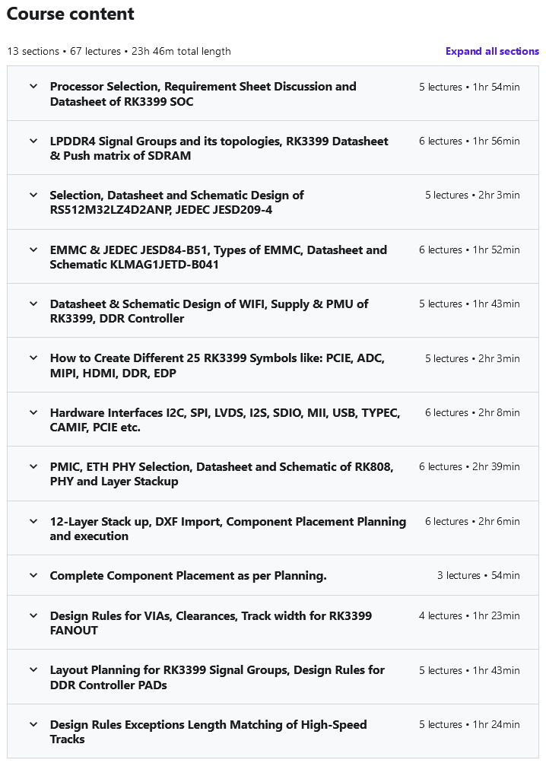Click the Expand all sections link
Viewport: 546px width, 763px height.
click(x=492, y=52)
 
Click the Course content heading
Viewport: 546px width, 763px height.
click(x=70, y=14)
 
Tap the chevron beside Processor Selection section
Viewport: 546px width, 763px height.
click(x=33, y=87)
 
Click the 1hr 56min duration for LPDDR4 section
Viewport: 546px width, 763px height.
click(x=497, y=141)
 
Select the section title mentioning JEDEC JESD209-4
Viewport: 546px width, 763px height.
click(x=176, y=202)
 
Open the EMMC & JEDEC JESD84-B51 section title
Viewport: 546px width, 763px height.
click(x=217, y=257)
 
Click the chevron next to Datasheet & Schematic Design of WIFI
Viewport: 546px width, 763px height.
click(x=33, y=304)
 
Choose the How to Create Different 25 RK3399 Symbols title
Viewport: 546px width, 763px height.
click(x=217, y=366)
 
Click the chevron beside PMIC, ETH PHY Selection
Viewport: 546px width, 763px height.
click(x=33, y=466)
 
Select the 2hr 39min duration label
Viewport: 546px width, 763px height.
click(x=497, y=467)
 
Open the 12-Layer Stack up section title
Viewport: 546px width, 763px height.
click(x=227, y=529)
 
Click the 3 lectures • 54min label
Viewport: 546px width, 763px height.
click(x=478, y=576)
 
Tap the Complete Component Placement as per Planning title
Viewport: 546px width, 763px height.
click(x=188, y=576)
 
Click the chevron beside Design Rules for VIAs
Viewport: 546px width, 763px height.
click(x=33, y=615)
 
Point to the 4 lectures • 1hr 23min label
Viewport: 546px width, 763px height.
click(x=469, y=616)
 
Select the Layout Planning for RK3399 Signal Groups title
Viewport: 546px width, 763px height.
click(x=217, y=677)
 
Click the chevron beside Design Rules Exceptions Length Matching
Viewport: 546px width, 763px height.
click(x=33, y=724)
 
